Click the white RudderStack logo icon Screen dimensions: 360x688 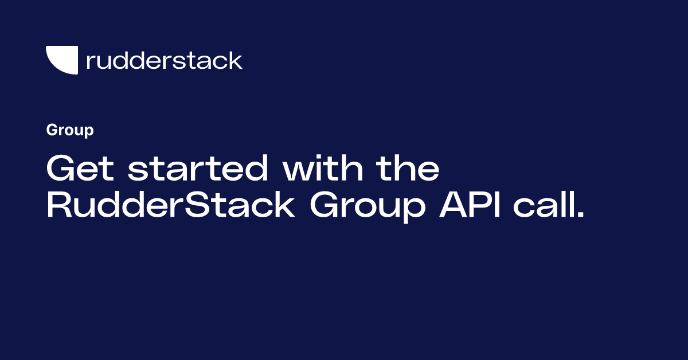[61, 60]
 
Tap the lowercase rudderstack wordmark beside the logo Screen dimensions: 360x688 [164, 60]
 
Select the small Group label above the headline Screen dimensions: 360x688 [70, 131]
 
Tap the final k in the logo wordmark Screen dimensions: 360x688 [236, 60]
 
